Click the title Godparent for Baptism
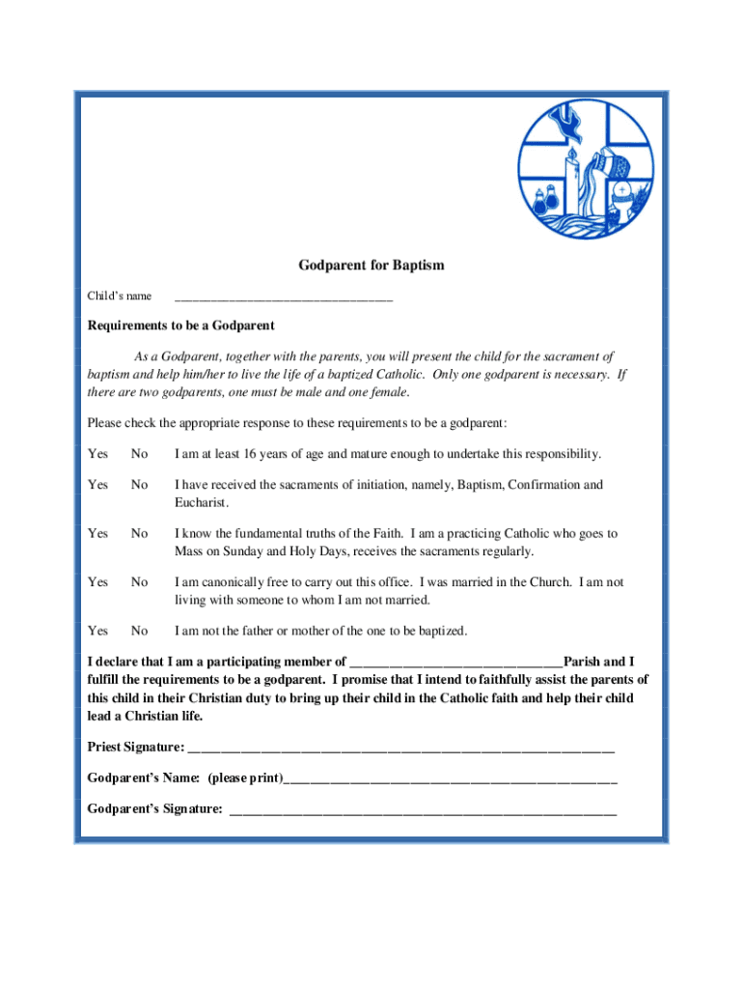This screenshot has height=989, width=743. click(x=371, y=265)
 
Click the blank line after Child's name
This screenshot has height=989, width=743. click(x=284, y=298)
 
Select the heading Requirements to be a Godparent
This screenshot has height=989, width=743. click(x=181, y=325)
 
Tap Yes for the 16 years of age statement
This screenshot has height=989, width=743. click(x=97, y=454)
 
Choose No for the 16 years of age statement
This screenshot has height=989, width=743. click(x=140, y=454)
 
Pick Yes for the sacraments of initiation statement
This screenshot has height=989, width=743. click(x=97, y=485)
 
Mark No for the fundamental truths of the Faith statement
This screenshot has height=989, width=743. click(x=140, y=533)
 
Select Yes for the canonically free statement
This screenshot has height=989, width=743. click(x=97, y=582)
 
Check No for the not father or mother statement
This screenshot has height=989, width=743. click(x=140, y=631)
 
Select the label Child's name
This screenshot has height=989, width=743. click(x=120, y=296)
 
